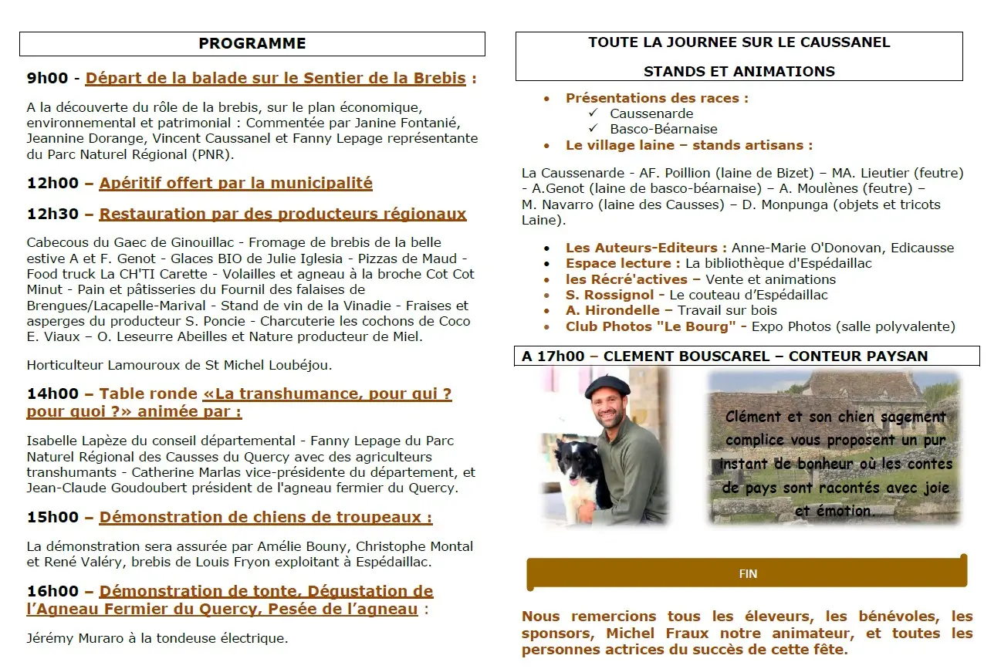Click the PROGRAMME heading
click(x=252, y=43)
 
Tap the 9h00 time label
click(x=47, y=78)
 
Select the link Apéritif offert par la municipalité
click(x=235, y=183)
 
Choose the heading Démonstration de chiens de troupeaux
click(x=265, y=517)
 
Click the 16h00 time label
click(x=52, y=591)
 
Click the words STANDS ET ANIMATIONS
click(x=739, y=71)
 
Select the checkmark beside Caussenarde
click(x=593, y=113)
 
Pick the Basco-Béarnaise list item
click(x=663, y=129)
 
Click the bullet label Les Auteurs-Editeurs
click(x=646, y=248)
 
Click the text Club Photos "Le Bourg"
click(x=650, y=326)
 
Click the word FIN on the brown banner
click(x=748, y=574)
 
